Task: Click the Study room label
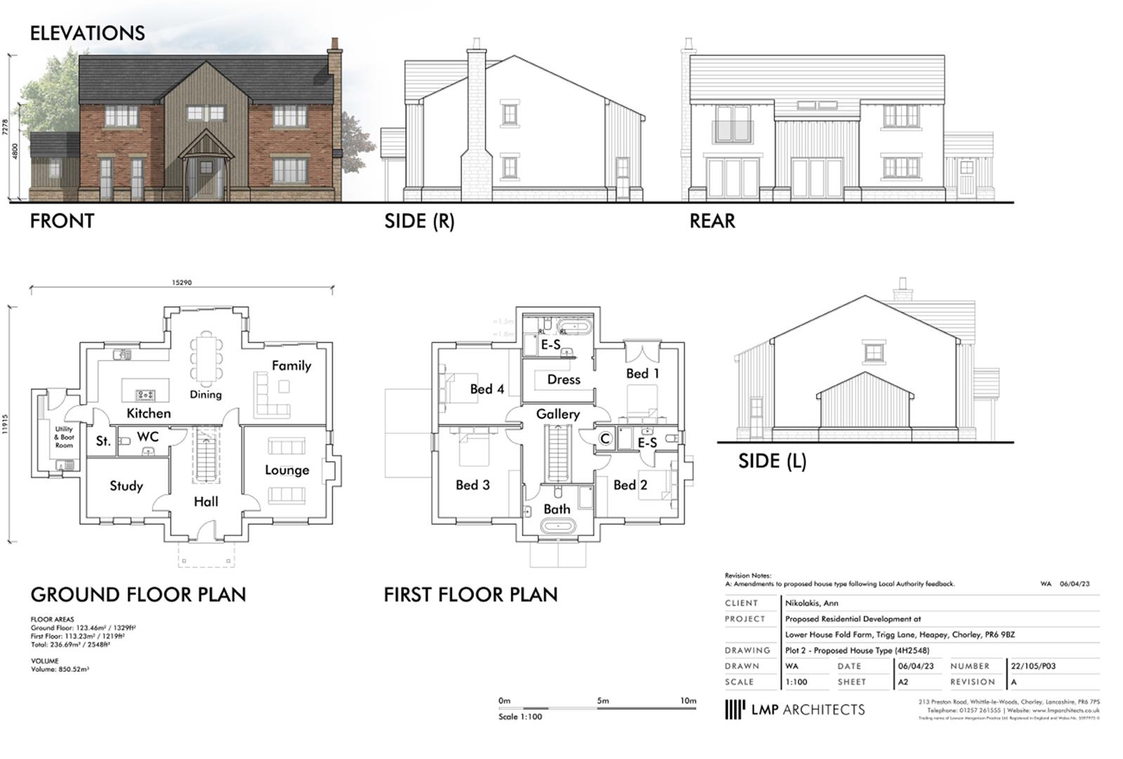pyautogui.click(x=126, y=486)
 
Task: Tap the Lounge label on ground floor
pyautogui.click(x=287, y=469)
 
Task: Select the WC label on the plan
pyautogui.click(x=147, y=436)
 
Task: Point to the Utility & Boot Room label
pyautogui.click(x=64, y=437)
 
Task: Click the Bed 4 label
pyautogui.click(x=487, y=389)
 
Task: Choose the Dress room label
pyautogui.click(x=563, y=379)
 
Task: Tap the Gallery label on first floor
pyautogui.click(x=558, y=414)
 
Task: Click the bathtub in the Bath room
pyautogui.click(x=558, y=526)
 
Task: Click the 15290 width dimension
pyautogui.click(x=181, y=283)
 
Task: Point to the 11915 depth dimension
pyautogui.click(x=6, y=424)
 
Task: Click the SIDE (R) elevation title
pyautogui.click(x=419, y=221)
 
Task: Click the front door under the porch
pyautogui.click(x=206, y=177)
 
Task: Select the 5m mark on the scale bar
pyautogui.click(x=603, y=701)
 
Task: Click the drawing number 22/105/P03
pyautogui.click(x=1032, y=666)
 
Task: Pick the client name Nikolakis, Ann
pyautogui.click(x=811, y=603)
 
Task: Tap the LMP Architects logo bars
pyautogui.click(x=734, y=709)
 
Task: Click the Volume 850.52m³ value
pyautogui.click(x=60, y=670)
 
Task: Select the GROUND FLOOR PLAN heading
pyautogui.click(x=138, y=595)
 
